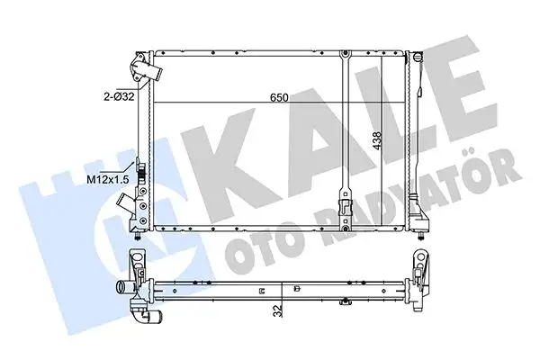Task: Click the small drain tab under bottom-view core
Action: tap(261, 291)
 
